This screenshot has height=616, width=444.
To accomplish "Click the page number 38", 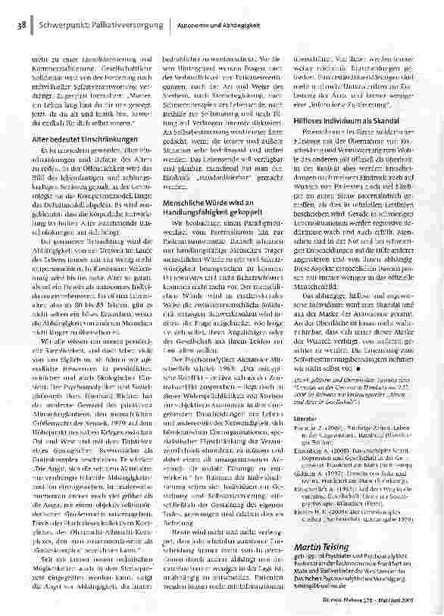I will click(17, 27).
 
